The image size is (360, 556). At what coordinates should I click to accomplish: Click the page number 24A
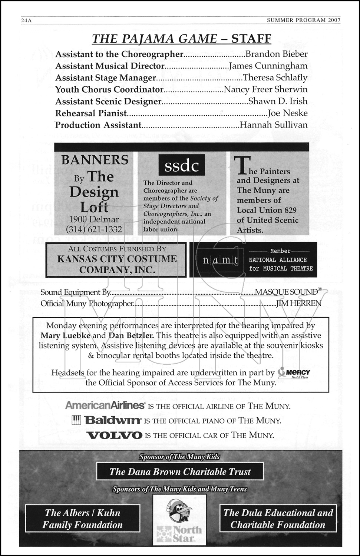point(26,21)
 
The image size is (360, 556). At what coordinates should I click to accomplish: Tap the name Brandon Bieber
point(277,54)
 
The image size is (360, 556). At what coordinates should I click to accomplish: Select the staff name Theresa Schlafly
point(275,78)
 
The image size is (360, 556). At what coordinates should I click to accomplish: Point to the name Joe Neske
point(287,113)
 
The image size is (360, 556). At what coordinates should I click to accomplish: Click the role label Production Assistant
point(98,125)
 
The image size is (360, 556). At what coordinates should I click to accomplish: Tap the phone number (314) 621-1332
point(94,229)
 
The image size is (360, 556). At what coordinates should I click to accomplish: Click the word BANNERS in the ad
point(95,160)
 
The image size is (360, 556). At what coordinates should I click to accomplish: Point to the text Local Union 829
point(267,210)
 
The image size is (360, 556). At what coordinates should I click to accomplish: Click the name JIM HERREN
point(299,304)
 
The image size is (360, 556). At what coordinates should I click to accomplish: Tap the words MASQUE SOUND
point(287,292)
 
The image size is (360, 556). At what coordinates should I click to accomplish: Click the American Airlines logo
point(105,405)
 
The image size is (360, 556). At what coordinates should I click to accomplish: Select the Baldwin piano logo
point(107,420)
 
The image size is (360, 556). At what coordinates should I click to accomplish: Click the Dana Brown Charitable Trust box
point(180,472)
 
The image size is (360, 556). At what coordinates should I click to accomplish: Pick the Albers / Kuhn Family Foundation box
point(82,519)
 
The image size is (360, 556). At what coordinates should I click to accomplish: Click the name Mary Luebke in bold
point(65,336)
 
